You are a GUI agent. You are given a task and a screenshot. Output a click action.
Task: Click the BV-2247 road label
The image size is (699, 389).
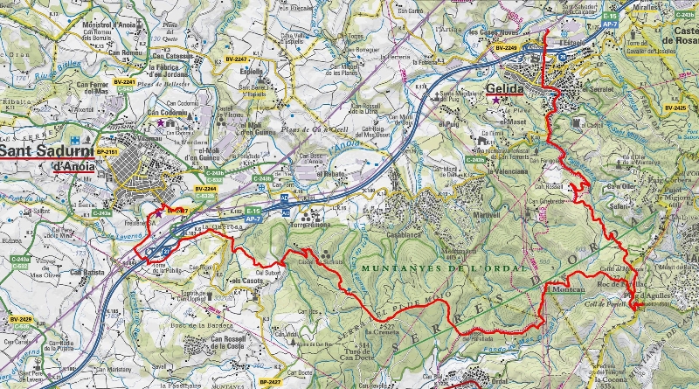[x=176, y=211]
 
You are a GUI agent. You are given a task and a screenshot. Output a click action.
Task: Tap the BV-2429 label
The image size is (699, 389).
[x=20, y=320]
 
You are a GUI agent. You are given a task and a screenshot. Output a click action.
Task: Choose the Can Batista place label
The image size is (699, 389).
[x=88, y=272]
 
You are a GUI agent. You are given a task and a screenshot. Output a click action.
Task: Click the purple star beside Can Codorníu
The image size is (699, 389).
[x=161, y=124]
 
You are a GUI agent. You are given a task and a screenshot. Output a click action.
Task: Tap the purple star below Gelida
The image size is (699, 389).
[x=498, y=101]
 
